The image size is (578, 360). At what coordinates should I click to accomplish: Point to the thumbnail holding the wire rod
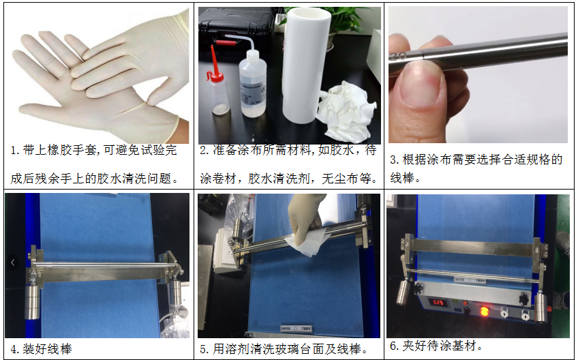[x=422, y=89]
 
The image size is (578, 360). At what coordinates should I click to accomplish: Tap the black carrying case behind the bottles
[x=232, y=31]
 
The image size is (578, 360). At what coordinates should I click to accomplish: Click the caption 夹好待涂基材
[x=442, y=346]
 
